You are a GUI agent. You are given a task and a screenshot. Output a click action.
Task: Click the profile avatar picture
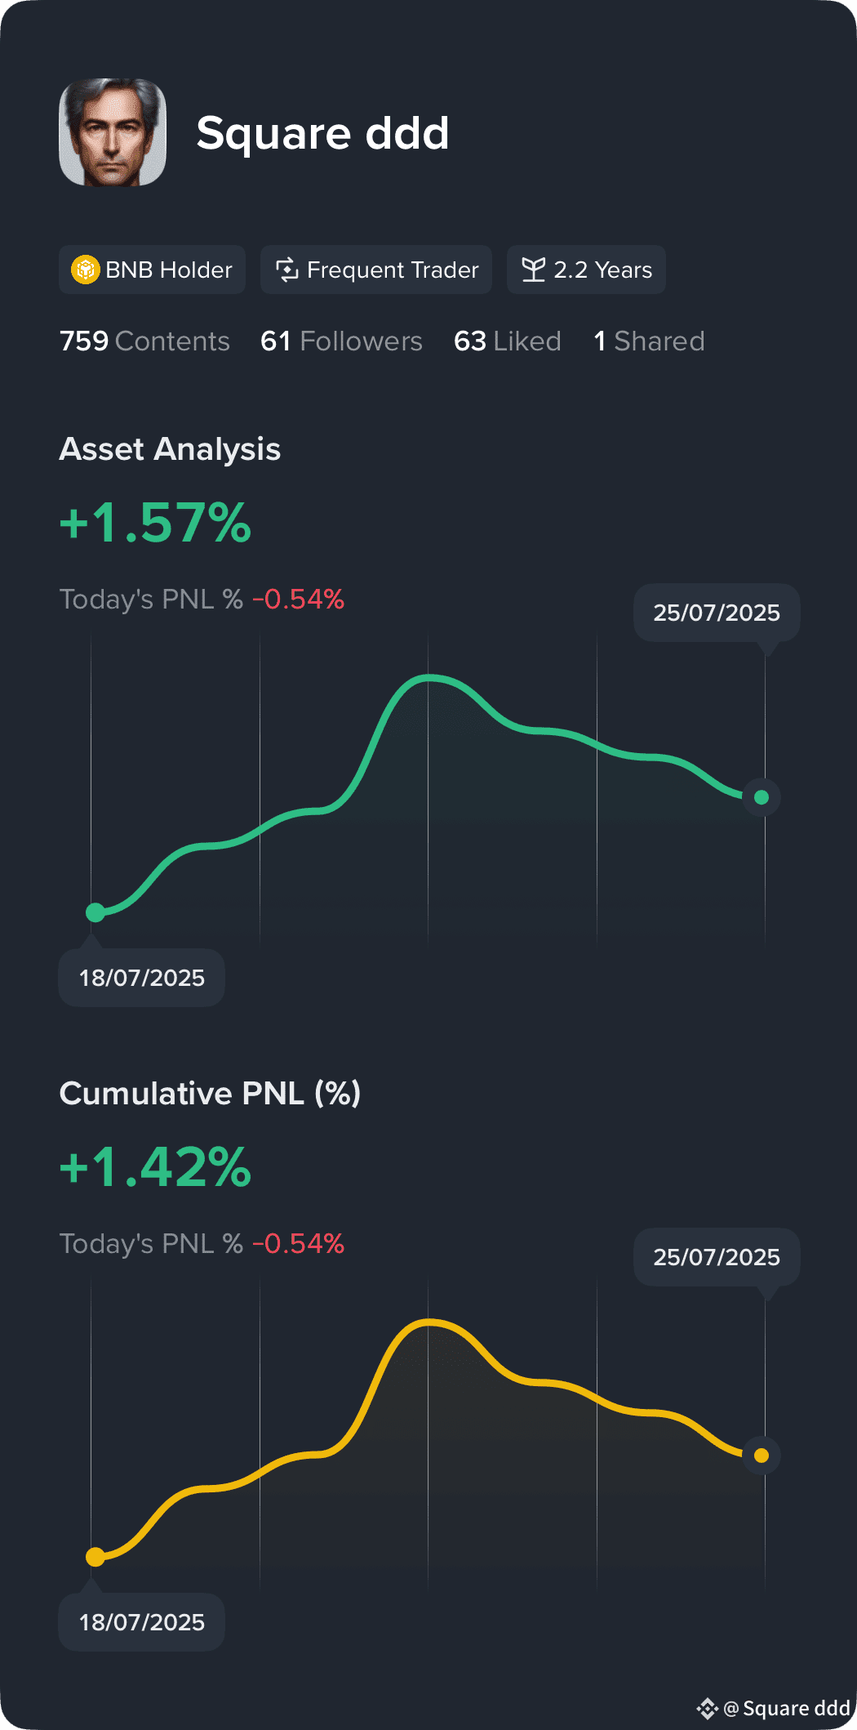coord(113,132)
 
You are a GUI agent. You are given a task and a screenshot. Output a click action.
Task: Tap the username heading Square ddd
coord(322,132)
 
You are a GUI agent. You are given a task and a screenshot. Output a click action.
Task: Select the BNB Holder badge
coord(152,270)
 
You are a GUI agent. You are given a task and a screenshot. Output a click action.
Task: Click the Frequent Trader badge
coord(376,270)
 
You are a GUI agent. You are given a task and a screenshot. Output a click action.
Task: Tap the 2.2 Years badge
coord(586,270)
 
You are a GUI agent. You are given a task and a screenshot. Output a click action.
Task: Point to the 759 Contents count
coord(144,341)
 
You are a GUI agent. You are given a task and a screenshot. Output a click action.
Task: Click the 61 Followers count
coord(341,341)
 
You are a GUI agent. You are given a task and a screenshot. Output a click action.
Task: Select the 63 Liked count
coord(508,341)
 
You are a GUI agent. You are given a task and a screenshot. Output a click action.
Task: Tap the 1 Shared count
coord(649,341)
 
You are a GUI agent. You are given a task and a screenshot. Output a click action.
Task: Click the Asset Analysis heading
coord(170,449)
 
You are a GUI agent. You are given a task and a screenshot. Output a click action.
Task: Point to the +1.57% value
coord(155,523)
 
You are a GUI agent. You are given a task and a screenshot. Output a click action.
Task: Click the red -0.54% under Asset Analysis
coord(299,600)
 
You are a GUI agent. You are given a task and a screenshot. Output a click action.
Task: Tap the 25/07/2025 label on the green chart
coord(717,613)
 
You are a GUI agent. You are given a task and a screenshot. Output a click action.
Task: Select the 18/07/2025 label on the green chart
coord(141,978)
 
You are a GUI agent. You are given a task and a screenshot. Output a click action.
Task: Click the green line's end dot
coord(762,797)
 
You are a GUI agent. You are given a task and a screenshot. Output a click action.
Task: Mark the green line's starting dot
coord(95,912)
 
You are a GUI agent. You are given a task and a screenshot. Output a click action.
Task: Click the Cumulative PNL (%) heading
coord(210,1094)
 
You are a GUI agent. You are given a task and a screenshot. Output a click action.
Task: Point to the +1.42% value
coord(155,1167)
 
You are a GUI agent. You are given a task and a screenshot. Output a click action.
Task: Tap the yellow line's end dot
coord(762,1456)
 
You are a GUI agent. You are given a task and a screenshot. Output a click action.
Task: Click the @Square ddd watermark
coord(773,1708)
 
